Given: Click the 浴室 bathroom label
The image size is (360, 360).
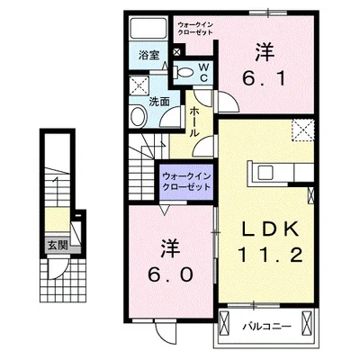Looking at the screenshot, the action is (148, 55).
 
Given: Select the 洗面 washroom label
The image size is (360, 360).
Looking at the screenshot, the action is (159, 102).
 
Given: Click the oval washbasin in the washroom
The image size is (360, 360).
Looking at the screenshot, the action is (138, 116).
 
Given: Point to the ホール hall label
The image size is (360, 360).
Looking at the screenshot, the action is (194, 122).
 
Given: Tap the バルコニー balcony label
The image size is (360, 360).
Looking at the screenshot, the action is (266, 326).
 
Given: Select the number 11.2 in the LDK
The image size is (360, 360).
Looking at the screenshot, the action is (270, 256).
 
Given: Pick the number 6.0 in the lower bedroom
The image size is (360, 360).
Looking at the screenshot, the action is (170, 274).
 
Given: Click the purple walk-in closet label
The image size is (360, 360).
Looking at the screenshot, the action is (186, 182).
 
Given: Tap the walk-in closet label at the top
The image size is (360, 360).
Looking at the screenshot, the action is (195, 29).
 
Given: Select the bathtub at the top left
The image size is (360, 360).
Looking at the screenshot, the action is (148, 29).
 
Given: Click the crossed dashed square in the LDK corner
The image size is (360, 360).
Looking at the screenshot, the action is (303, 130).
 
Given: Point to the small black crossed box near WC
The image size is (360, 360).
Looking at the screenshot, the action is (177, 51).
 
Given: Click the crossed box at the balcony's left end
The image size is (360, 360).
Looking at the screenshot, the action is (224, 325).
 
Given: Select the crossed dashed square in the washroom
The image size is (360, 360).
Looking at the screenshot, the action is (139, 85).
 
